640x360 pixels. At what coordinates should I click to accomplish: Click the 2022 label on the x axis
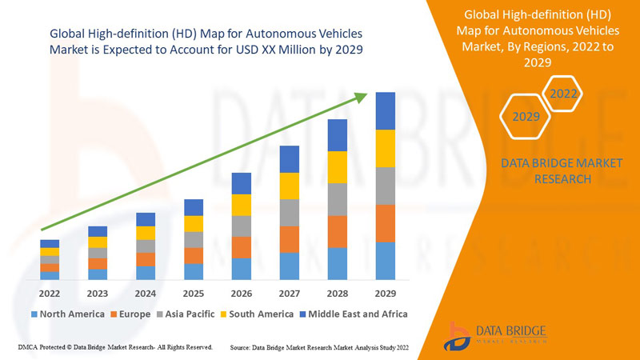pyautogui.click(x=50, y=294)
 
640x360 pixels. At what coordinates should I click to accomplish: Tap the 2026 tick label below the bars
pyautogui.click(x=241, y=294)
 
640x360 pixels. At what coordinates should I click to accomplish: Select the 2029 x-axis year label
pyautogui.click(x=386, y=294)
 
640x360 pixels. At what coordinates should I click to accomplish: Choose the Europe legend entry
pyautogui.click(x=130, y=314)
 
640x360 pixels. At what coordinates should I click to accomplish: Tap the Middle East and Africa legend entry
pyautogui.click(x=352, y=314)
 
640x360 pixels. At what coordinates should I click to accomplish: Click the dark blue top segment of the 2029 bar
pyautogui.click(x=386, y=110)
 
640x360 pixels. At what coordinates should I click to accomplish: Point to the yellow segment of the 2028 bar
pyautogui.click(x=337, y=166)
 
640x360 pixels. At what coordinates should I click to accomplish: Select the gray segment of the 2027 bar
pyautogui.click(x=289, y=212)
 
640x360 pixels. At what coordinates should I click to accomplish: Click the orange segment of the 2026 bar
pyautogui.click(x=241, y=247)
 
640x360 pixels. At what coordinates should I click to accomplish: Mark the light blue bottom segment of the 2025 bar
pyautogui.click(x=193, y=271)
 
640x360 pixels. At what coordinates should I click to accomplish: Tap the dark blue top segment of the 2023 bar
pyautogui.click(x=98, y=231)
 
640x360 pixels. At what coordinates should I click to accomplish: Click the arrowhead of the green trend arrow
pyautogui.click(x=361, y=98)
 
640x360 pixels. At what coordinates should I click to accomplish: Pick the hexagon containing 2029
pyautogui.click(x=526, y=117)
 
